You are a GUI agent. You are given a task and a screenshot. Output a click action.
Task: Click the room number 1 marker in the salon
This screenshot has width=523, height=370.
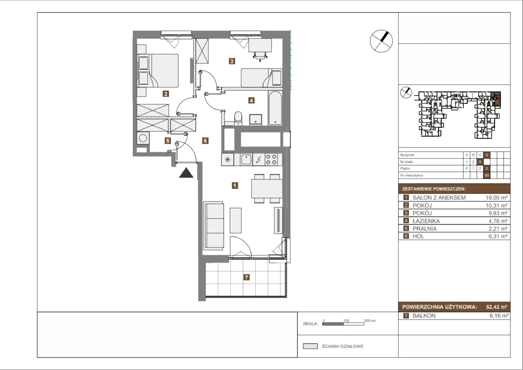[235, 185]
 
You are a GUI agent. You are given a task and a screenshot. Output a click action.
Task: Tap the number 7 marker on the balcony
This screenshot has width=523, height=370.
[246, 277]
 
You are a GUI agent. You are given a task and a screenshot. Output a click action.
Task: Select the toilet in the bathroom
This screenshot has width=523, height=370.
[238, 118]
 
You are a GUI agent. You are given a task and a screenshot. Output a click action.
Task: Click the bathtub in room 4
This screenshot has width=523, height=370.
[275, 108]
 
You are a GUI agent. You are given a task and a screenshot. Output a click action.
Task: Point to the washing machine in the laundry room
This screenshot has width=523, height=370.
[143, 138]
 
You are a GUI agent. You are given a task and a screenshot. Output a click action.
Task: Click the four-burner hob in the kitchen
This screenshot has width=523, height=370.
[271, 159]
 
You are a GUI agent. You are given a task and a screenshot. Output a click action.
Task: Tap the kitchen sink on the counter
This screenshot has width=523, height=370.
[246, 159]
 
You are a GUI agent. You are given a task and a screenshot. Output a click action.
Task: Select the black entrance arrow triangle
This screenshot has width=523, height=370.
[186, 173]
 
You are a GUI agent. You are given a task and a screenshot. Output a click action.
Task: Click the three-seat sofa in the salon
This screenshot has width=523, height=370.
[214, 225]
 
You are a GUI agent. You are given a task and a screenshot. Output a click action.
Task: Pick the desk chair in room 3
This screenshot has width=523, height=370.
[260, 56]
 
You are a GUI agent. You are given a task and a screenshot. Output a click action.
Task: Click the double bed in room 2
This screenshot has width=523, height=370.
[158, 71]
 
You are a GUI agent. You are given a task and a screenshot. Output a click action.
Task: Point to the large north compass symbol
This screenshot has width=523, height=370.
[381, 41]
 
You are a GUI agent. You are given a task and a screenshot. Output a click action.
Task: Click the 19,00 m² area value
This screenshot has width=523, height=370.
[497, 198]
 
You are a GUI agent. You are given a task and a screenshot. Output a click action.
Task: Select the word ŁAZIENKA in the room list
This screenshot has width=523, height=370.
[426, 221]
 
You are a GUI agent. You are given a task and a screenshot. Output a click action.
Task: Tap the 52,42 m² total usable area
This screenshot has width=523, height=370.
[497, 307]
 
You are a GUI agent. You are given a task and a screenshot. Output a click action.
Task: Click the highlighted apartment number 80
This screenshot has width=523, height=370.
[487, 175]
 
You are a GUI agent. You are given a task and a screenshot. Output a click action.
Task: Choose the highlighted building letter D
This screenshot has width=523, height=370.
[487, 155]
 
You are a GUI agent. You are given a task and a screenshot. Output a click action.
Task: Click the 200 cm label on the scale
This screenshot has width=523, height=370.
[370, 321]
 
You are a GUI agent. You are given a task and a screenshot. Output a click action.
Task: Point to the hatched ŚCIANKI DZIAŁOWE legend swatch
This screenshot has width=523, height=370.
[310, 346]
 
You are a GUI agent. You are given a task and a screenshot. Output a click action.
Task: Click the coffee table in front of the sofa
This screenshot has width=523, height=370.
[236, 220]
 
